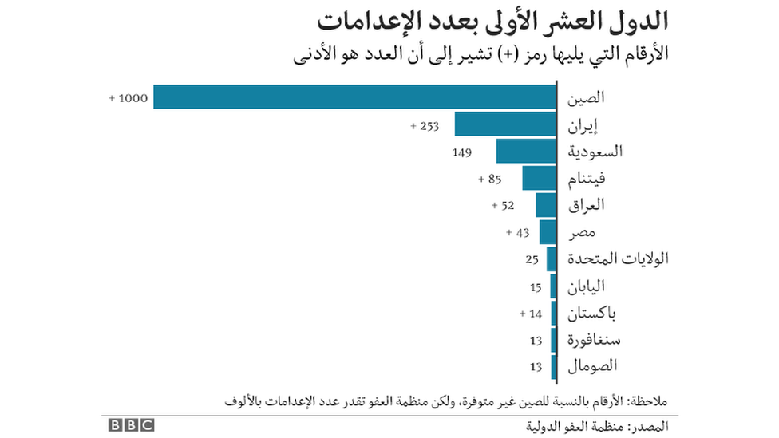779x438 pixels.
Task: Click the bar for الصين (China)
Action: [354, 97]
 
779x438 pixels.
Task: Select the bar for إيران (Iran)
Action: [505, 124]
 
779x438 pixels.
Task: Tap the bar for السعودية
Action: [526, 152]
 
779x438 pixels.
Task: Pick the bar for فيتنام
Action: [540, 179]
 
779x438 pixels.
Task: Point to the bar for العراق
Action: [546, 206]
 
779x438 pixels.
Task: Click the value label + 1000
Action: [128, 98]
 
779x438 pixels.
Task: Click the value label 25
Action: [533, 259]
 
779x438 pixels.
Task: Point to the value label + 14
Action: [531, 314]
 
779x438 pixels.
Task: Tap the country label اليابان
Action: [587, 286]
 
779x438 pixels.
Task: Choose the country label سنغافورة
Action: [594, 341]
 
